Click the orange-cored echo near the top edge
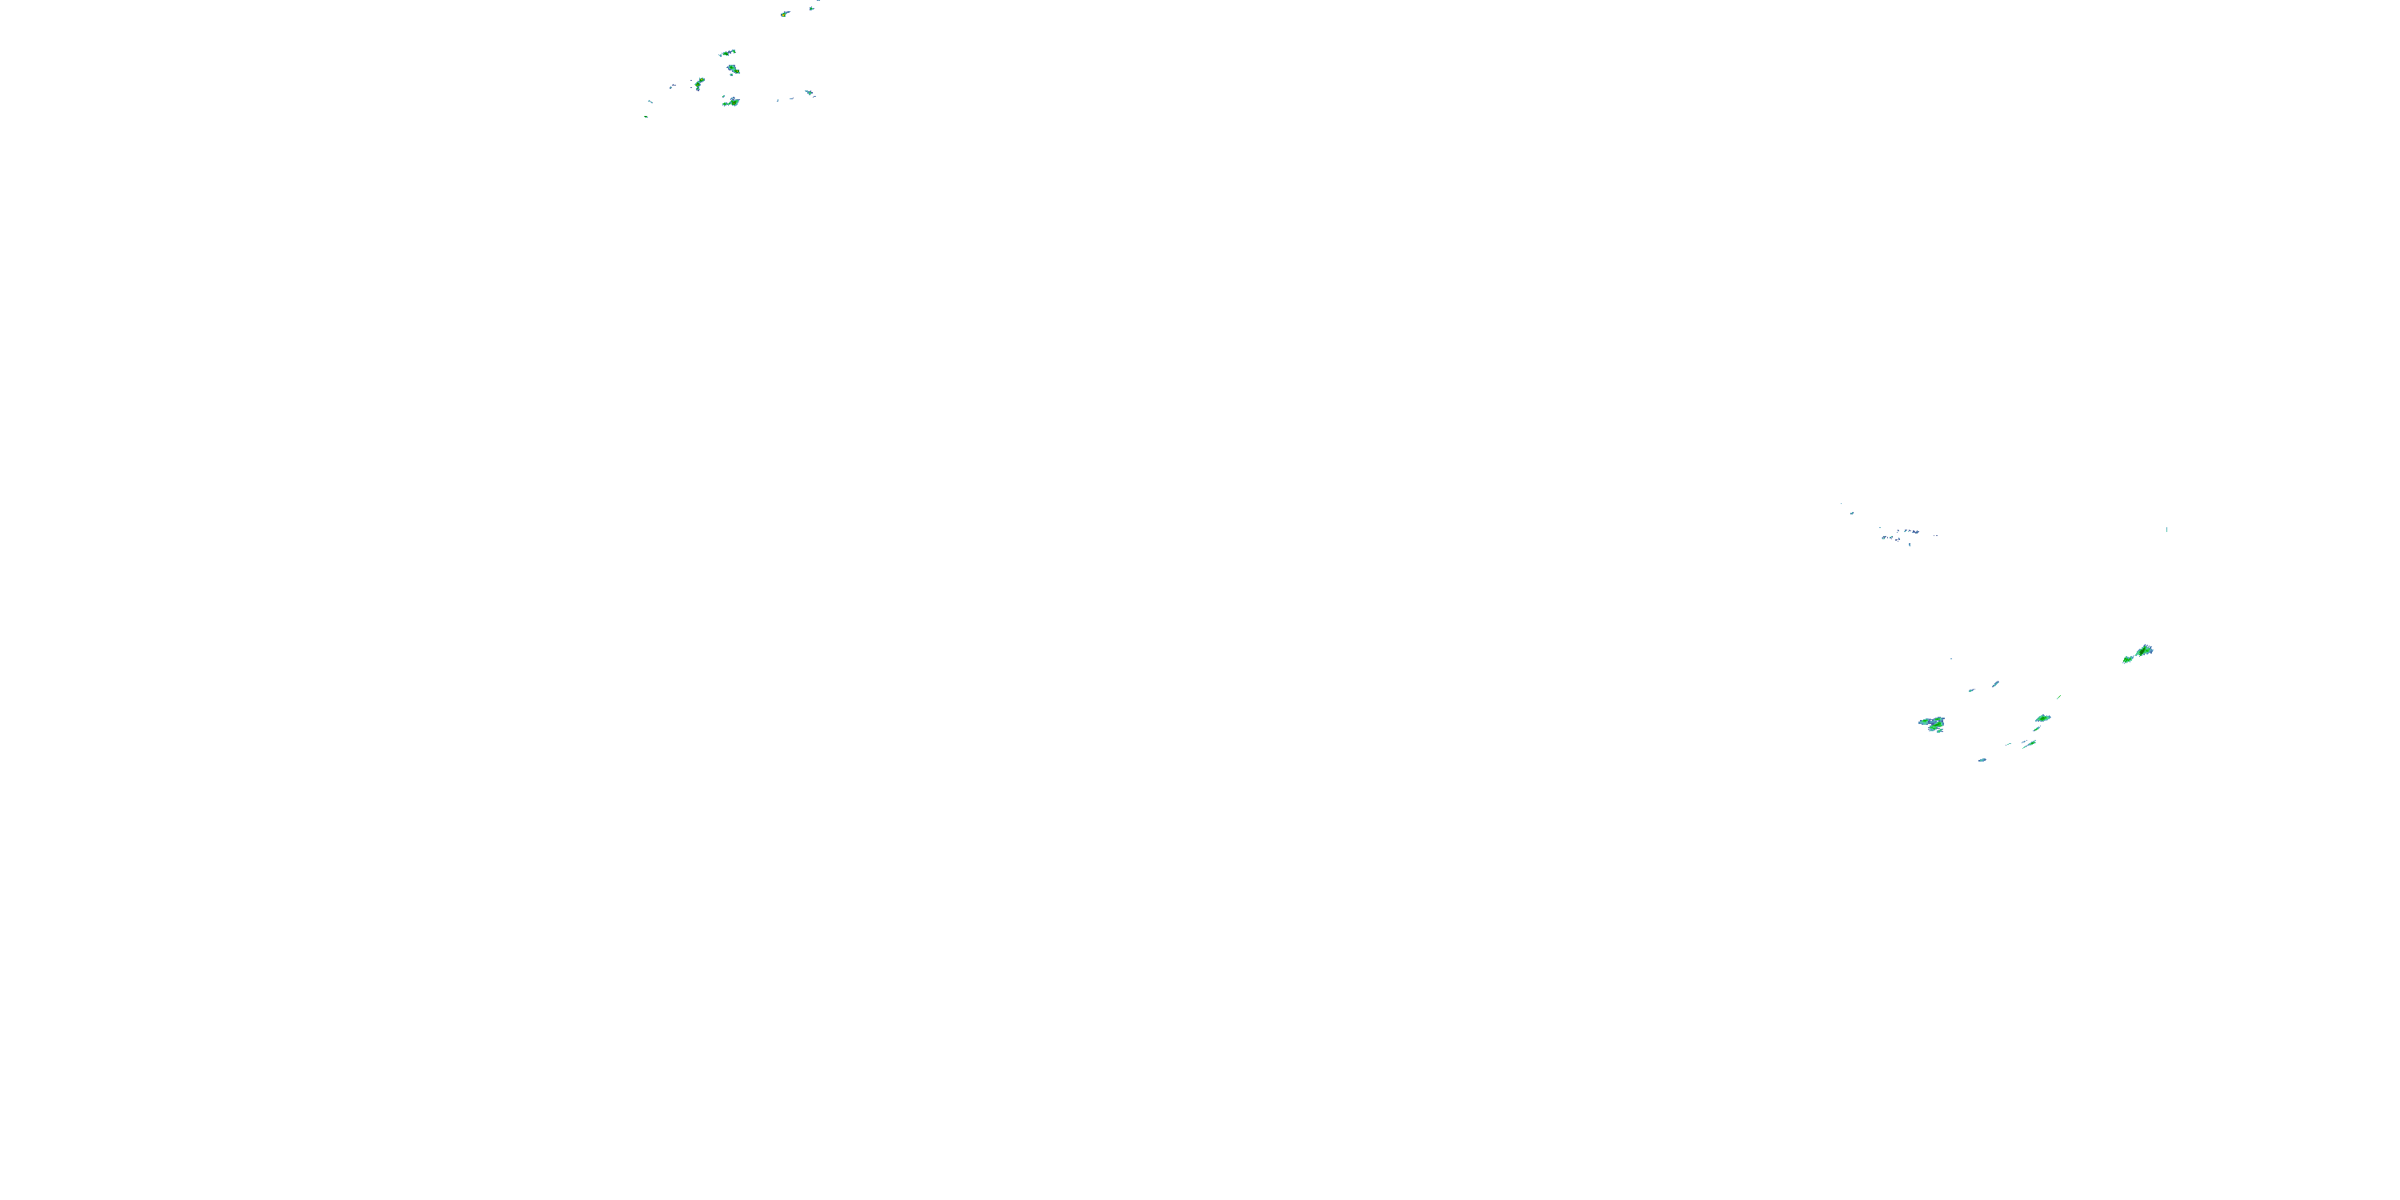click(x=785, y=14)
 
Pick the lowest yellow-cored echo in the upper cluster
click(x=731, y=102)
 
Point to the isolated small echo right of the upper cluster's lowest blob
click(x=809, y=93)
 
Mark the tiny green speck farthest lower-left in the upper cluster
click(x=646, y=117)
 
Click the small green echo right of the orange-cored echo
click(x=813, y=7)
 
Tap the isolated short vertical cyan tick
click(x=2166, y=529)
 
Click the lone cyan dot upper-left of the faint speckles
click(x=1851, y=513)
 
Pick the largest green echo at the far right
click(x=2143, y=650)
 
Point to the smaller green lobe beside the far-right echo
click(x=2128, y=658)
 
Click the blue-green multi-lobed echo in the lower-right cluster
click(x=1932, y=724)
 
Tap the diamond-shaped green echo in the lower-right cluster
click(x=2043, y=718)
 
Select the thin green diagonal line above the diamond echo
click(x=2058, y=697)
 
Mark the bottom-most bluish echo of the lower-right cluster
click(x=1982, y=760)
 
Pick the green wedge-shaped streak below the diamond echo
click(x=2028, y=743)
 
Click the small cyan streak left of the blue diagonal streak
click(x=1971, y=690)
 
